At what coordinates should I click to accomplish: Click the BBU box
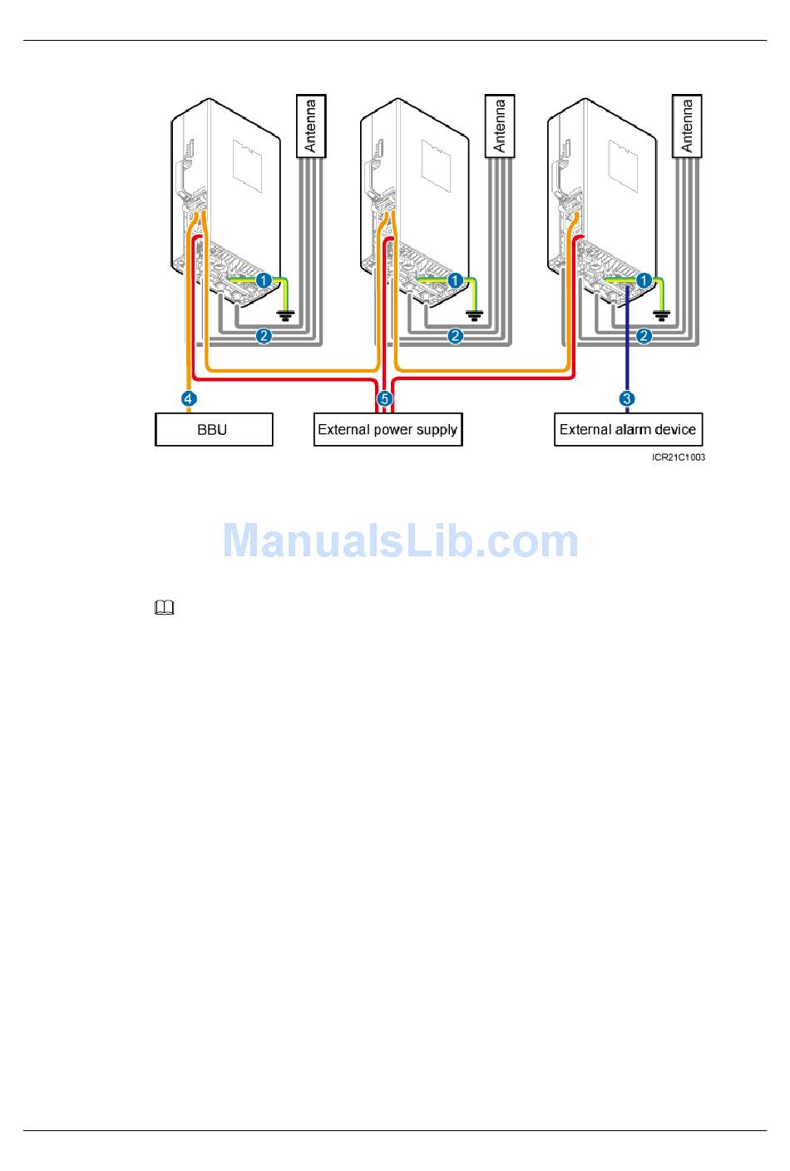point(214,429)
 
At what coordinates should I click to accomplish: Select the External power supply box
point(388,429)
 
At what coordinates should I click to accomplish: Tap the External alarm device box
point(628,429)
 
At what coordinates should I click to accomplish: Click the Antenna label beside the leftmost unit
point(311,126)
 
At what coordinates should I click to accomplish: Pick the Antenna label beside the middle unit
point(500,126)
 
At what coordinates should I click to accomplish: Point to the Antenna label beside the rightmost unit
point(687,126)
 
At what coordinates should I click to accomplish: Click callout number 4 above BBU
point(189,399)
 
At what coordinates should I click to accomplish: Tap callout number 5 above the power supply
point(385,399)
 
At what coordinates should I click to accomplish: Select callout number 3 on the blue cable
point(627,399)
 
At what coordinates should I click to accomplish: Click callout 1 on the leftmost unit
point(264,281)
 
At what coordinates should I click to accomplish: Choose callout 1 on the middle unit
point(455,281)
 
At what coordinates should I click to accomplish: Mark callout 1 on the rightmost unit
point(644,281)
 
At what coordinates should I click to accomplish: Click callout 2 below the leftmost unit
point(264,336)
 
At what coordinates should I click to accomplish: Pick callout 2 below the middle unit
point(455,336)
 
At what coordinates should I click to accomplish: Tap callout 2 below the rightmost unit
point(644,336)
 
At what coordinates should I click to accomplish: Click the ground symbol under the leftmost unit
point(285,316)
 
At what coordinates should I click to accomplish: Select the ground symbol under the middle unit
point(474,316)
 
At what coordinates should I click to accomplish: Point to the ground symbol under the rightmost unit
point(662,316)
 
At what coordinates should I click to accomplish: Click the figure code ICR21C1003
point(678,457)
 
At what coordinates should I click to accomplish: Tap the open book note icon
point(164,607)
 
